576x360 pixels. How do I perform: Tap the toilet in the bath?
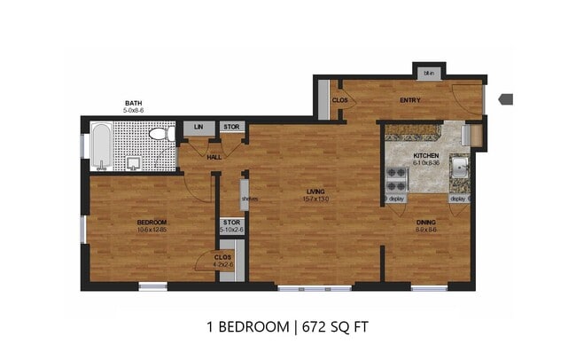[x=160, y=136]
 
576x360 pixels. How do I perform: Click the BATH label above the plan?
[x=134, y=104]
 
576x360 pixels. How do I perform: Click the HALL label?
[x=214, y=157]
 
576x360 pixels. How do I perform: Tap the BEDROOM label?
[x=152, y=222]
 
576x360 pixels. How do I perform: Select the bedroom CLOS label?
[x=222, y=257]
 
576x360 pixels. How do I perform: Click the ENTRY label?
[x=409, y=100]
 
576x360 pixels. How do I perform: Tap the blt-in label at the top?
[x=429, y=73]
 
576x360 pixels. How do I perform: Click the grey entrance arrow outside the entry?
[x=506, y=98]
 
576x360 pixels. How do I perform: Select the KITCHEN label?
[x=426, y=156]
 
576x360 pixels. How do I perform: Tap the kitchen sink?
[x=459, y=167]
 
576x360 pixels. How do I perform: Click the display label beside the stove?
[x=396, y=199]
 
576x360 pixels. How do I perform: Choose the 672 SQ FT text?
[x=331, y=326]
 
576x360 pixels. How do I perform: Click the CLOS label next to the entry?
[x=339, y=100]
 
